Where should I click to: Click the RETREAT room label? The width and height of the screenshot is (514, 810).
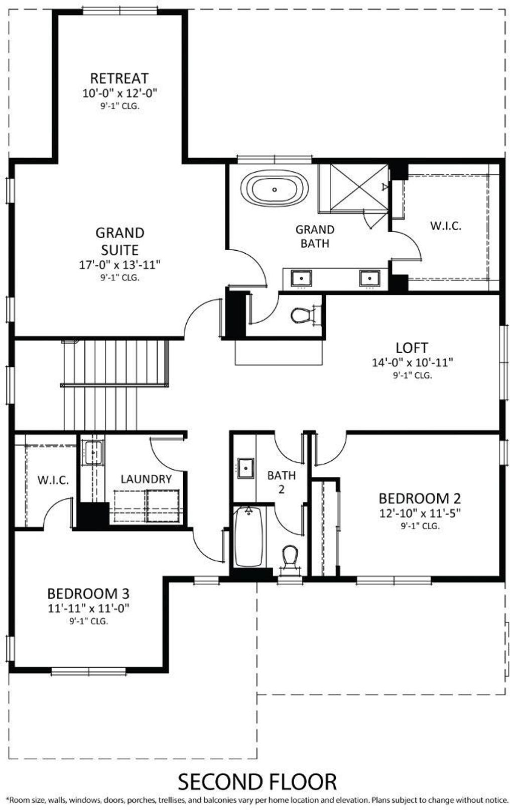coord(119,78)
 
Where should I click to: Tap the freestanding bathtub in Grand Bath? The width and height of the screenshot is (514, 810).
coord(275,189)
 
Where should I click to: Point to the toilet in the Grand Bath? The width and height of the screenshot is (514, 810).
coord(302,315)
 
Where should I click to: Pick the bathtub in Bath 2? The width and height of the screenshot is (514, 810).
coord(248,537)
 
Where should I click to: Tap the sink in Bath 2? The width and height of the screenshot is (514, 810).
coord(245,468)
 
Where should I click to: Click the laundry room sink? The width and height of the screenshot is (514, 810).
coord(93,452)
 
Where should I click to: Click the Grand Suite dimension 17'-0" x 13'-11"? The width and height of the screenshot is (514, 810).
coord(119,265)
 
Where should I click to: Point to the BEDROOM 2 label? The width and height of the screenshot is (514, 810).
coord(420,498)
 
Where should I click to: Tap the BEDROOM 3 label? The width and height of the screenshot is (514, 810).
coord(88,594)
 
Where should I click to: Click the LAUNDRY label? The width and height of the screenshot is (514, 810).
coord(146,479)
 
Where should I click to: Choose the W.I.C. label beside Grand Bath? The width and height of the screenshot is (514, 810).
coord(446,226)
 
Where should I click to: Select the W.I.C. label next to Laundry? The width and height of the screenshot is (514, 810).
coord(53,480)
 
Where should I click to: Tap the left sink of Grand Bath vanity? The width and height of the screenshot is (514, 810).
coord(301,278)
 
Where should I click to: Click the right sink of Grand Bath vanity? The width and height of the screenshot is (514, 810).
coord(369,278)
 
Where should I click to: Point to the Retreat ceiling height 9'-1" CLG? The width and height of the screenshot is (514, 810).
coord(119,107)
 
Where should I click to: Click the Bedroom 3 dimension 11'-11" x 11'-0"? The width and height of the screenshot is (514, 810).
coord(88,609)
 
